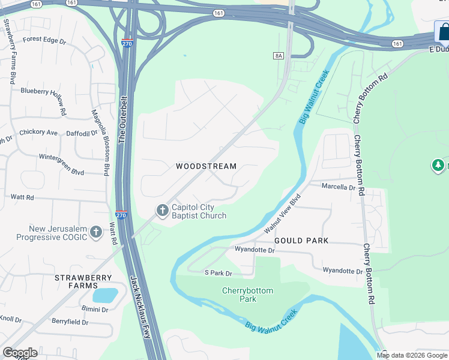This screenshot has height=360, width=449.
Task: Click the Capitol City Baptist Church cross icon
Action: tap(162, 211)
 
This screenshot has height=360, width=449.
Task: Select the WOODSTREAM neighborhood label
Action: tap(206, 166)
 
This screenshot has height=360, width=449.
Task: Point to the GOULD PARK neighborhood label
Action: tap(301, 241)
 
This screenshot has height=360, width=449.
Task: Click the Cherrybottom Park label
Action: tap(247, 295)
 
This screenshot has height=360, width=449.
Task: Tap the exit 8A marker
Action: tap(278, 56)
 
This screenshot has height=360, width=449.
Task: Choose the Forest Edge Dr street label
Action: tap(44, 40)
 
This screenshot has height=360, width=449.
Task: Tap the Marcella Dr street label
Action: tap(339, 187)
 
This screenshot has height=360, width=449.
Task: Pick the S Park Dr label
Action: tap(218, 273)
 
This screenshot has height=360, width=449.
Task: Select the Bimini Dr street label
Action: tap(95, 310)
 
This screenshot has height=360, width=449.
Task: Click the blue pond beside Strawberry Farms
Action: tap(105, 295)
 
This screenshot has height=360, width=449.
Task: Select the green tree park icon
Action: tap(439, 165)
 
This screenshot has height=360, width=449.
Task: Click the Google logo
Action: tap(20, 353)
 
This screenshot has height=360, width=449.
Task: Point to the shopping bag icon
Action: tap(443, 31)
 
